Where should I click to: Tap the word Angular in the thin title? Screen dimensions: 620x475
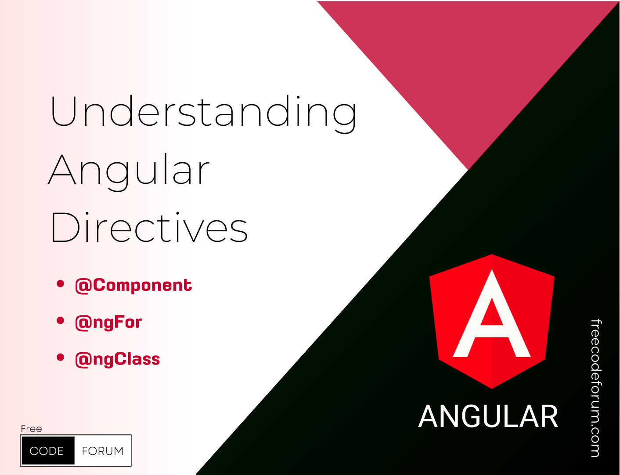click(x=129, y=172)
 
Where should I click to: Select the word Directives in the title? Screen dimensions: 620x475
click(x=149, y=227)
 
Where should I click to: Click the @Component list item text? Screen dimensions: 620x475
click(x=133, y=285)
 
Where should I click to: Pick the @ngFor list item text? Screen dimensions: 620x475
click(x=108, y=322)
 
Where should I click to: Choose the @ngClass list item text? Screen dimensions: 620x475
click(x=118, y=360)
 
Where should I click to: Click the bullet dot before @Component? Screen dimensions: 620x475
click(x=61, y=284)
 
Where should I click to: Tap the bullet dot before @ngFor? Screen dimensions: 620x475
click(x=61, y=321)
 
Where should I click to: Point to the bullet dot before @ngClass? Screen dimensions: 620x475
click(x=61, y=357)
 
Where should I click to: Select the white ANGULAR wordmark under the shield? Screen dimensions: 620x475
click(x=488, y=417)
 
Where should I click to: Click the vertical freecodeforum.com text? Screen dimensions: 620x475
click(x=596, y=388)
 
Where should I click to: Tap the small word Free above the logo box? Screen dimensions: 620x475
click(x=31, y=429)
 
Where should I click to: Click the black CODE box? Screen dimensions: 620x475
click(x=48, y=451)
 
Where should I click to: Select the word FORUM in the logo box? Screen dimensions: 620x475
click(x=103, y=451)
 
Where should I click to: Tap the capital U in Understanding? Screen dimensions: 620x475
click(x=64, y=111)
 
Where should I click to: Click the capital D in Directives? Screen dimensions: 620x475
click(x=65, y=227)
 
